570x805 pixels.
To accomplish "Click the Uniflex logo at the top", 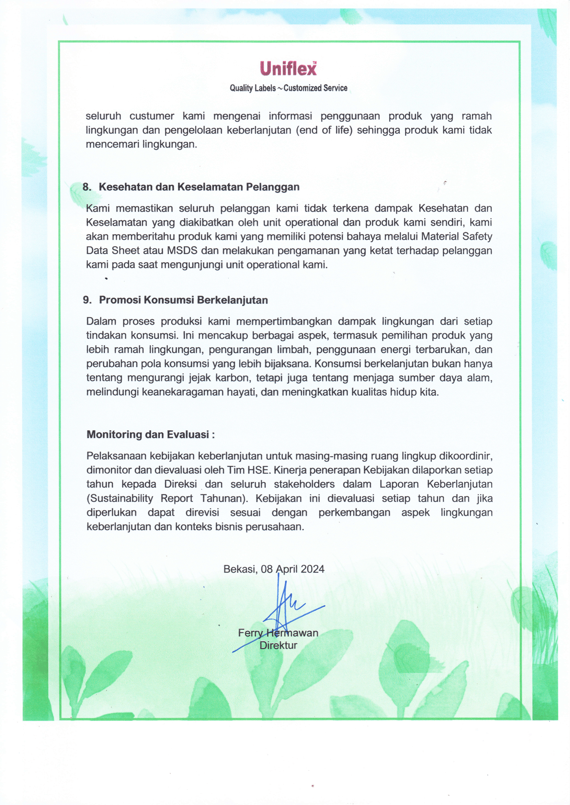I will [288, 68].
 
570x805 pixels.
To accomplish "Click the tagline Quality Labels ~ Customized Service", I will [288, 88].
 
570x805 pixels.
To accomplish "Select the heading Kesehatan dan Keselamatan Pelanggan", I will [199, 187].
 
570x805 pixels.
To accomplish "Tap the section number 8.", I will [87, 187].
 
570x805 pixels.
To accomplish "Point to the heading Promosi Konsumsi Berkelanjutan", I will [183, 300].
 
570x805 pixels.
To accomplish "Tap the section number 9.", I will [87, 300].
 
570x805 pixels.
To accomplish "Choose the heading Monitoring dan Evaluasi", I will [151, 435].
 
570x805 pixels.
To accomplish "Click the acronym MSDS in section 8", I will [182, 251].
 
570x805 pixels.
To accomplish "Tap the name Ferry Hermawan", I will [278, 633].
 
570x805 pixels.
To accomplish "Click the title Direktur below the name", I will [278, 645].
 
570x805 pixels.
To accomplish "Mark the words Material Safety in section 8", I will [457, 237].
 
